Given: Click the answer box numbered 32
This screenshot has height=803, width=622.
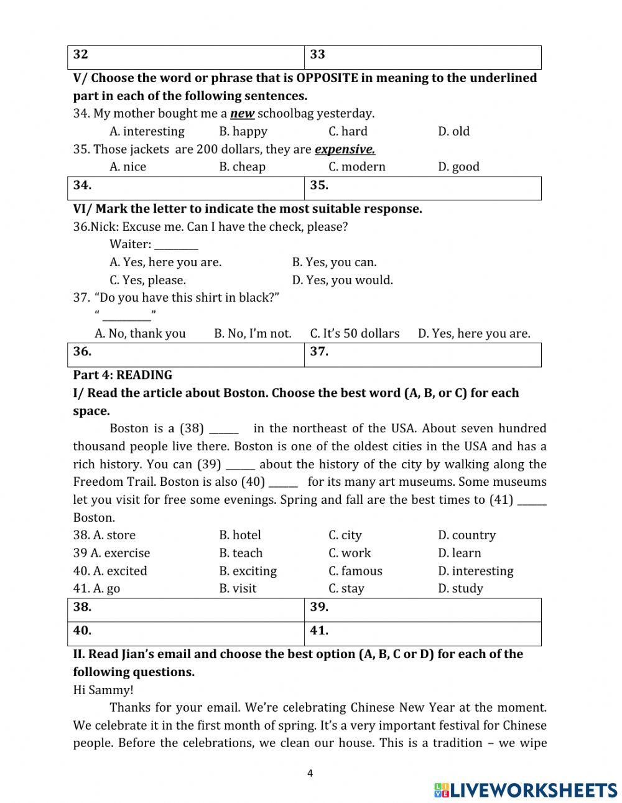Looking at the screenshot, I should coord(186,57).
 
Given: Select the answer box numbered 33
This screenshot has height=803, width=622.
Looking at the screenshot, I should coord(423,57).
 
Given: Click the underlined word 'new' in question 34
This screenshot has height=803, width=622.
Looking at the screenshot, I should coord(242,114).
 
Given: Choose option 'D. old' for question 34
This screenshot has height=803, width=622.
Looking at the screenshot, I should coord(453,131).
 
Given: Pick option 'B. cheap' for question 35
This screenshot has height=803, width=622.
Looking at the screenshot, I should coord(242,167).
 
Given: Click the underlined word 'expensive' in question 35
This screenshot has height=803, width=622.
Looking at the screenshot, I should coord(345,149).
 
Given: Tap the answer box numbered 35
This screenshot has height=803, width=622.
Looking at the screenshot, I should coord(423,188).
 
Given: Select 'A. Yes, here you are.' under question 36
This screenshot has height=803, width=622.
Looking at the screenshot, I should coord(165,262).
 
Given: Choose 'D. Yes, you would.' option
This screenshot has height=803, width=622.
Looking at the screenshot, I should coord(342,281).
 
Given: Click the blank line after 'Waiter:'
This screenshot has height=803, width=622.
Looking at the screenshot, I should coord(176,245).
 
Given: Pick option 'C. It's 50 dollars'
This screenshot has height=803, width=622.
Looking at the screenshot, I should coord(355,334).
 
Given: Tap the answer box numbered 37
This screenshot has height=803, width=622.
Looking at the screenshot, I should coord(423,355).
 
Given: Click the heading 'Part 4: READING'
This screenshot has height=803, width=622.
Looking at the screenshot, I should coord(123,375).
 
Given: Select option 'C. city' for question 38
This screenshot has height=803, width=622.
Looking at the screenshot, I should coord(345,536).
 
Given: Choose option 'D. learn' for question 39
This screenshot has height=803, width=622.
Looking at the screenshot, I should coord(459,553).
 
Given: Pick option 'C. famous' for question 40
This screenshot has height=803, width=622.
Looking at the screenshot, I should coord(355,571).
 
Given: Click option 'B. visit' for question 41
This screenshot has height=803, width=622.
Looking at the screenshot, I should coord(238,588).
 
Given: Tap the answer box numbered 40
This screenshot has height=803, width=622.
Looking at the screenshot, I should coord(186,633).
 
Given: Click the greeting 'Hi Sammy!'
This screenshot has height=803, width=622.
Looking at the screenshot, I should coord(103,690).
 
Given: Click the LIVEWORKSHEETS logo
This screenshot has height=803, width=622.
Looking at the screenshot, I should coord(526,790).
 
